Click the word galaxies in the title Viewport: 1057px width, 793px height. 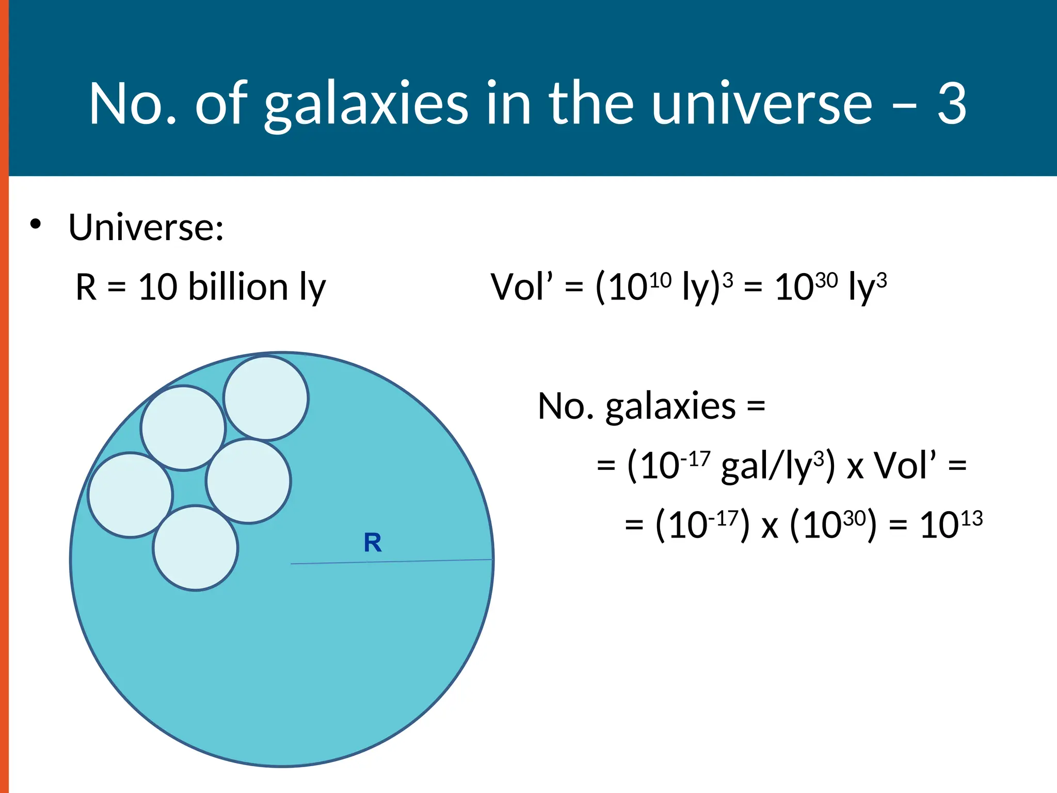(x=366, y=104)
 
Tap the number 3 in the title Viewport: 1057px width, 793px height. (x=951, y=104)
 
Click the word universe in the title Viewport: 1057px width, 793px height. (x=761, y=104)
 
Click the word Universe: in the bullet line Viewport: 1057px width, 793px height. (x=146, y=227)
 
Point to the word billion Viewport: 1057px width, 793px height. (x=238, y=287)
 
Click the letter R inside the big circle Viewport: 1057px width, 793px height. (x=373, y=543)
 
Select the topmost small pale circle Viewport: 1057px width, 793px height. (x=266, y=398)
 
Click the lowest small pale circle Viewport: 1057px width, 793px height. (x=196, y=548)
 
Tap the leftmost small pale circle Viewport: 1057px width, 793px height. (x=131, y=495)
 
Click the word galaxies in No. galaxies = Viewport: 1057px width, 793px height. (x=670, y=406)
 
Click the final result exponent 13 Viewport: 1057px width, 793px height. (x=971, y=518)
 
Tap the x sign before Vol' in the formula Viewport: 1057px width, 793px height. (x=855, y=467)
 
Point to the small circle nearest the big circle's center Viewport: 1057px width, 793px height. (x=249, y=481)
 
